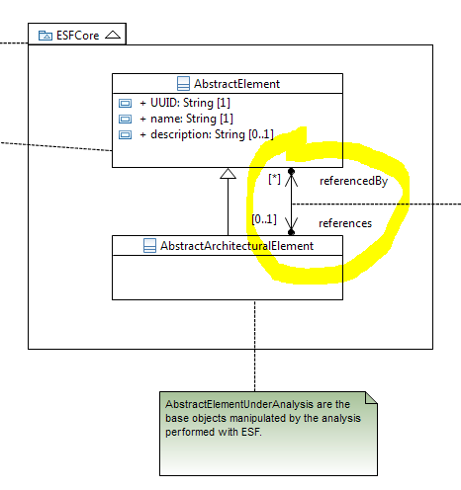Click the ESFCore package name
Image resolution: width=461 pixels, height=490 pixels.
coord(77,36)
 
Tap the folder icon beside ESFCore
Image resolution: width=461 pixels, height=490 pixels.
coord(46,36)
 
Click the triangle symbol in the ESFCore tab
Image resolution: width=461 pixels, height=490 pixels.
coord(113,35)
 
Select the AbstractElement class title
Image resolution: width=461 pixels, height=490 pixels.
coord(236,84)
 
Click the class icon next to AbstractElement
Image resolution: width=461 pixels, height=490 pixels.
coord(183,84)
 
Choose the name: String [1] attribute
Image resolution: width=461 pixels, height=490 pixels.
coord(186,119)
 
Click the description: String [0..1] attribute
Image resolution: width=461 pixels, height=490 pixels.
coord(207,134)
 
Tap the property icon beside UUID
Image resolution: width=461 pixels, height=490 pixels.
coord(125,103)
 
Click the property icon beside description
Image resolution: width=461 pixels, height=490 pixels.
coord(125,134)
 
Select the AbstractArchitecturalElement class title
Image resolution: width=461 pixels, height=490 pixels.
coord(236,246)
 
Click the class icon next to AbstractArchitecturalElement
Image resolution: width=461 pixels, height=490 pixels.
coord(149,246)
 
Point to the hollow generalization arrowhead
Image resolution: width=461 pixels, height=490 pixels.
coord(228,173)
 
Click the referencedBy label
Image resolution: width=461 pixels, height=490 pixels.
coord(353,181)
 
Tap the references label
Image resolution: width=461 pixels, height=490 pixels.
coord(345,223)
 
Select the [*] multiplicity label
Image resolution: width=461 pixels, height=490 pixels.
coord(274,179)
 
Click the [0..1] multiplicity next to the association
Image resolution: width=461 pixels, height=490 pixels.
coord(264,219)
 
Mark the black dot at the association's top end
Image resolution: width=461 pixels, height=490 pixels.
coord(291,171)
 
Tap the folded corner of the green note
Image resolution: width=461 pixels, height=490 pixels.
coord(371,397)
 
